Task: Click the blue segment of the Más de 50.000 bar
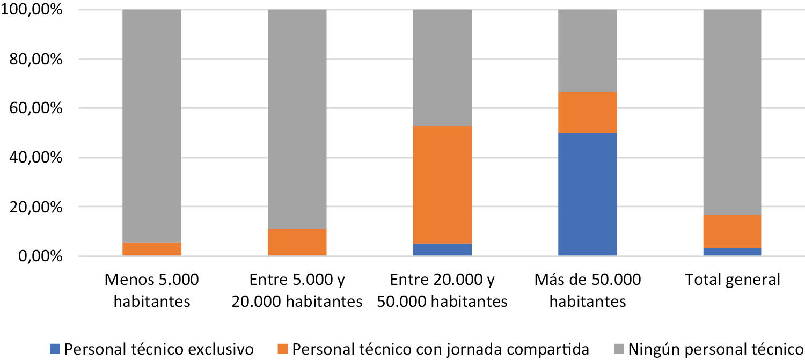click(587, 194)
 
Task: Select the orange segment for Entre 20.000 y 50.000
click(442, 185)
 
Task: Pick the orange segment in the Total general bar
click(732, 231)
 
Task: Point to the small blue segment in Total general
click(732, 252)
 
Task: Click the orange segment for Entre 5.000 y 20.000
click(297, 242)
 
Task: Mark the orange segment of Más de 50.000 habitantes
click(587, 113)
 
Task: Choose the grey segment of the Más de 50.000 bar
click(587, 51)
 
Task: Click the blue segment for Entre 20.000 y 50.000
click(442, 249)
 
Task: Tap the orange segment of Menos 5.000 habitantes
click(152, 249)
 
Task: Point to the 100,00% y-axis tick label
click(32, 10)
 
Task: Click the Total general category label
click(732, 280)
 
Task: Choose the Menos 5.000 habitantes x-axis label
click(152, 290)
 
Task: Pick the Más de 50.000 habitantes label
click(587, 290)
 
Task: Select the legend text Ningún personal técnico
click(717, 348)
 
